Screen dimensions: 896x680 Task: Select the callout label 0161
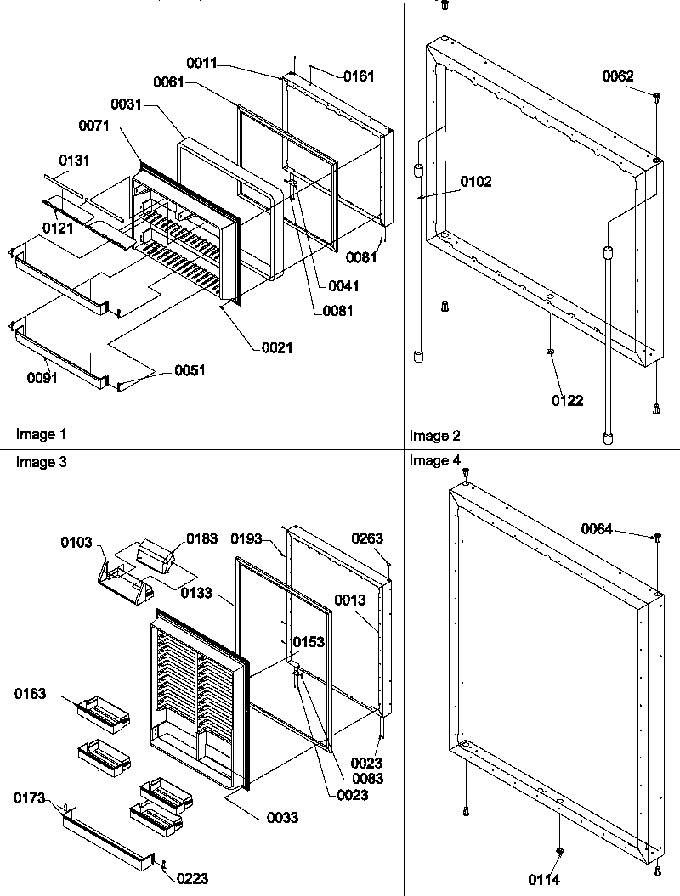pos(359,76)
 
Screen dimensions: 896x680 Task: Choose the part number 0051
pos(190,370)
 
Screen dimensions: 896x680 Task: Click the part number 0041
pos(343,286)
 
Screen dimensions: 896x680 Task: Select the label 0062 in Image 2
pos(618,76)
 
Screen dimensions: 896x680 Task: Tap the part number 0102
pos(475,182)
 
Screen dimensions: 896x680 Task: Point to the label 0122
pos(567,401)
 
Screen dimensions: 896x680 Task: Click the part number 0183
pos(201,538)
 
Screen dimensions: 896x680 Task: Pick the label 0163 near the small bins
pos(30,693)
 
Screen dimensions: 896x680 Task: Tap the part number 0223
pos(193,879)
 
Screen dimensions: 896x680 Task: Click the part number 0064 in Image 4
pos(597,529)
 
